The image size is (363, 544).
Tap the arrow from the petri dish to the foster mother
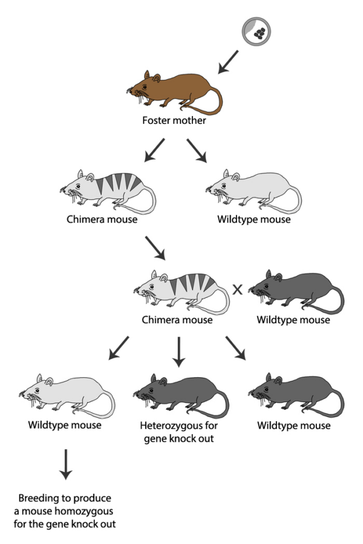click(x=229, y=62)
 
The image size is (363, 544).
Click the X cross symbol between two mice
click(x=237, y=289)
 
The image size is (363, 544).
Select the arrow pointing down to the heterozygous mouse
click(x=178, y=352)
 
